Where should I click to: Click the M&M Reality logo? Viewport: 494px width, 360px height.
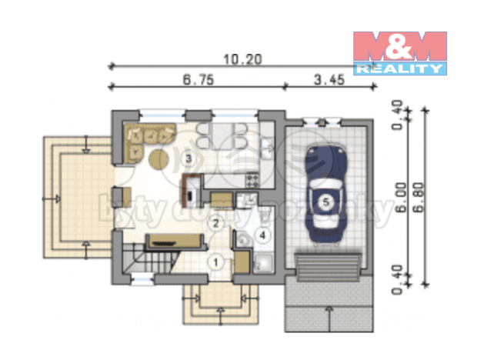coord(399,52)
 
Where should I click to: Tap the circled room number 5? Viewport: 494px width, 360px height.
coord(325,202)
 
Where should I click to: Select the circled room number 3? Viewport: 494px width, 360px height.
coord(189,158)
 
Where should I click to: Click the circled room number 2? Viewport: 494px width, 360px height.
coord(217,223)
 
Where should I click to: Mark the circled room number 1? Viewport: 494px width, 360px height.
coord(216,262)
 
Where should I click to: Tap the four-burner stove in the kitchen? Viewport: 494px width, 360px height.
coord(252,182)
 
